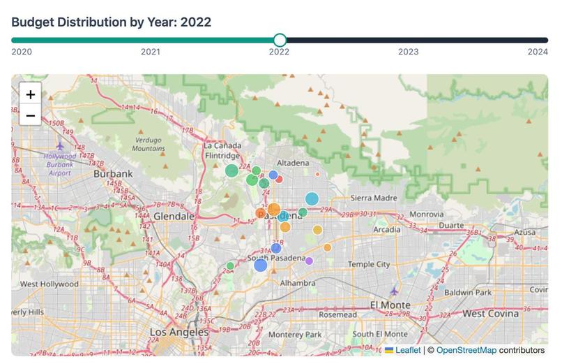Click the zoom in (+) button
(x=31, y=94)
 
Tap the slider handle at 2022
(x=280, y=40)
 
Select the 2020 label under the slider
(x=22, y=52)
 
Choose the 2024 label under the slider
(x=538, y=52)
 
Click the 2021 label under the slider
(x=151, y=52)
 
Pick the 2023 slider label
(x=409, y=52)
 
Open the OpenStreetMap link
(x=466, y=350)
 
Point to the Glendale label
(x=174, y=217)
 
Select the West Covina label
(x=493, y=314)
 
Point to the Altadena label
(x=294, y=163)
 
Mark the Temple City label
(x=369, y=265)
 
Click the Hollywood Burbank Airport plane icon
(x=60, y=146)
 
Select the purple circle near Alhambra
(x=309, y=261)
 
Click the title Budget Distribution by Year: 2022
(x=112, y=22)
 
